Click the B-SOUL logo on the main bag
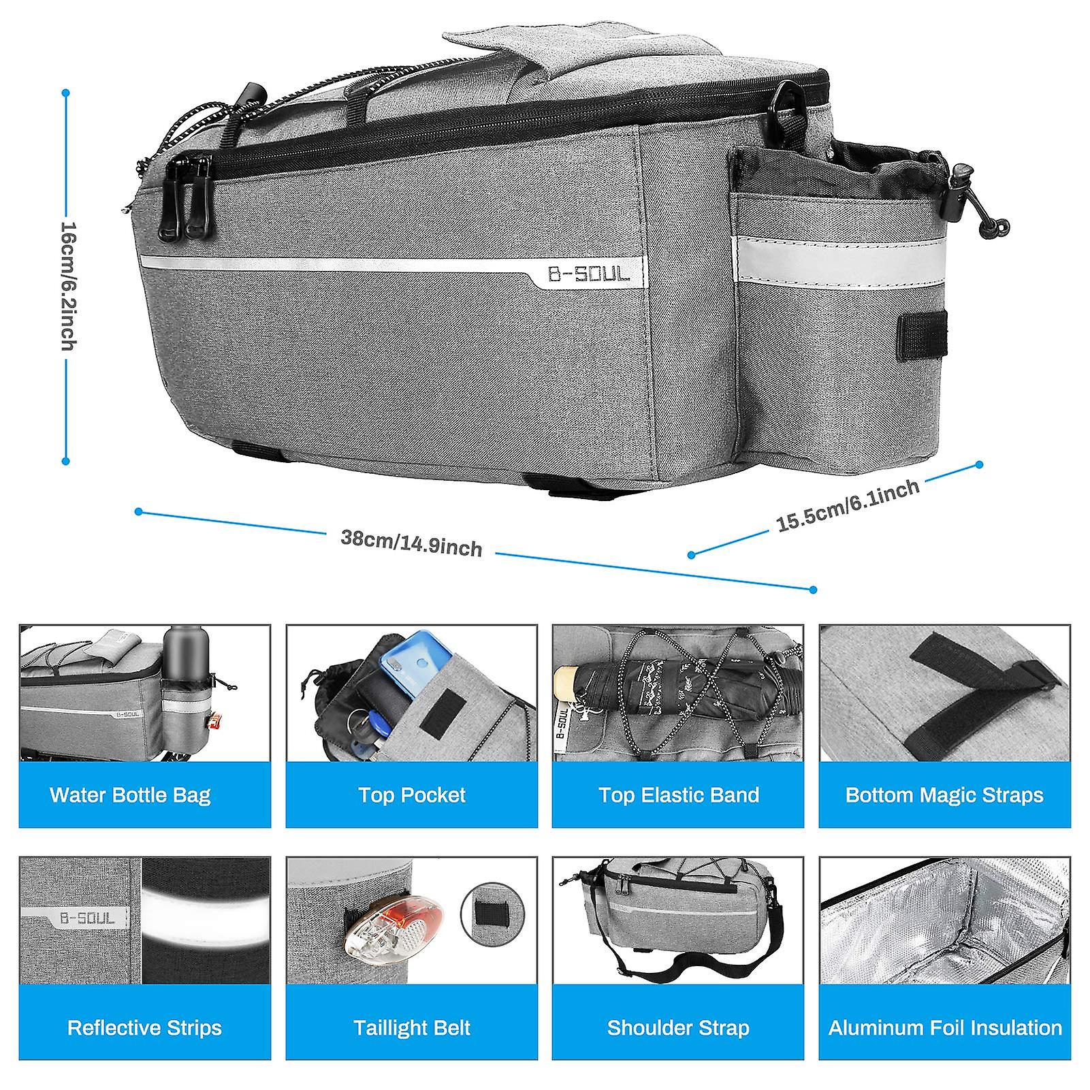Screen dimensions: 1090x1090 coord(590,274)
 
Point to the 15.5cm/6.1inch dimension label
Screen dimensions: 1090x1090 coord(848,504)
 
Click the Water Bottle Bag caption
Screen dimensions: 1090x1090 coord(130,795)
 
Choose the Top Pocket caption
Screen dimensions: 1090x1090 coord(412,795)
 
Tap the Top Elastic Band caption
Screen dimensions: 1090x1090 coord(679,795)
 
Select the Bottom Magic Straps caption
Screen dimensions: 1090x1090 coord(944,795)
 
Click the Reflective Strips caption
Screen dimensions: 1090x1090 coord(144,1027)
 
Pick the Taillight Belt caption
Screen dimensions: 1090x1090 coord(412,1027)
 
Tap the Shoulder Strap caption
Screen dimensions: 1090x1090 coord(678,1027)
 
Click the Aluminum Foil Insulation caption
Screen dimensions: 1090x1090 coord(945,1027)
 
